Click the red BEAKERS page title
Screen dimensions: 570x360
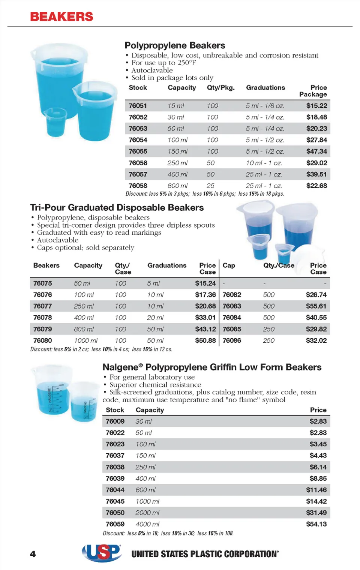click(61, 16)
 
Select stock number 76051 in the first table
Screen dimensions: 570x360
click(138, 106)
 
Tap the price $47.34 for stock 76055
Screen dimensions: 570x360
click(316, 151)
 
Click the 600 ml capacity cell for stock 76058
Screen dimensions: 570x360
click(178, 186)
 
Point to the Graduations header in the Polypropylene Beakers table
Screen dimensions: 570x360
click(265, 87)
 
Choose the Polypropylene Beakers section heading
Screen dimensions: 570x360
click(175, 45)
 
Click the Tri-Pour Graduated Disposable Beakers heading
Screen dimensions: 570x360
click(117, 208)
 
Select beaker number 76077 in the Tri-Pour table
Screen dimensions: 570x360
click(42, 306)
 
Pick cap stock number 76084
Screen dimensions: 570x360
click(232, 318)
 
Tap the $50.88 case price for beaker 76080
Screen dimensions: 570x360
click(205, 340)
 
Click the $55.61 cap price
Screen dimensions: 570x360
click(316, 306)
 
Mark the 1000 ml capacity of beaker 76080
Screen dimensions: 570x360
click(85, 340)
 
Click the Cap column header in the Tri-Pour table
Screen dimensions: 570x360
click(229, 265)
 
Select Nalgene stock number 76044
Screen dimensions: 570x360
click(115, 490)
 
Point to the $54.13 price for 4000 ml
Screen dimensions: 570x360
click(316, 524)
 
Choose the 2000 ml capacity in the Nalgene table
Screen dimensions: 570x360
click(147, 513)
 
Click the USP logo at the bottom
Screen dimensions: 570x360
click(102, 553)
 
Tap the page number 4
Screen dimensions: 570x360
click(33, 554)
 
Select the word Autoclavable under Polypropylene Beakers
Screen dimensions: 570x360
click(152, 70)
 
